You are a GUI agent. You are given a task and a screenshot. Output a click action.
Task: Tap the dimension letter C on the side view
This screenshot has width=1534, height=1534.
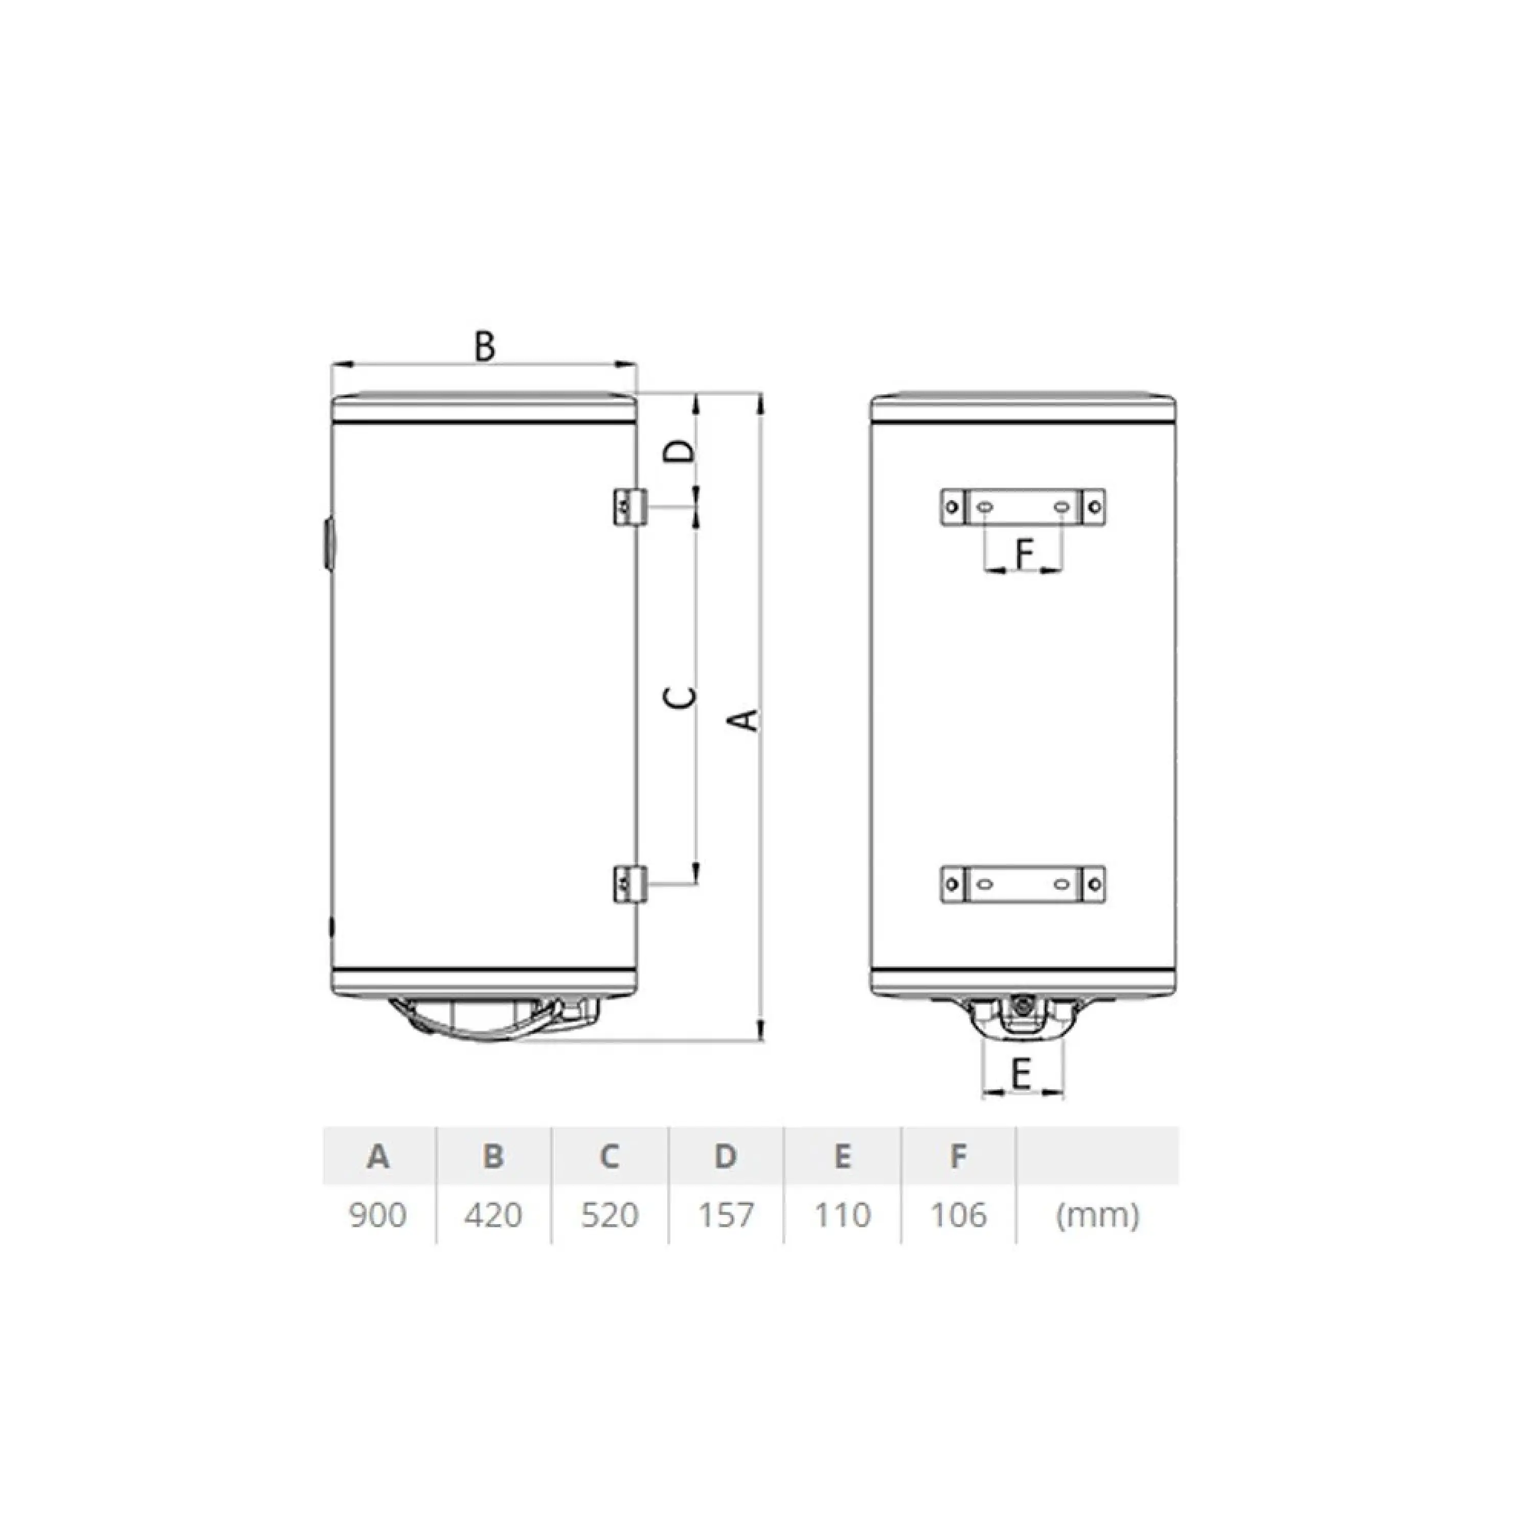(680, 696)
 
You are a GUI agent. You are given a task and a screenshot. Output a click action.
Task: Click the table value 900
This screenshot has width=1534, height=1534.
(378, 1215)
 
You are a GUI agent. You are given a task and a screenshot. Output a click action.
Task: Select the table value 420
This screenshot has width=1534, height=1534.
(493, 1215)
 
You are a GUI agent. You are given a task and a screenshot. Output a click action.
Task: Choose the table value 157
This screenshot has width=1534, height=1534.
(726, 1215)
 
